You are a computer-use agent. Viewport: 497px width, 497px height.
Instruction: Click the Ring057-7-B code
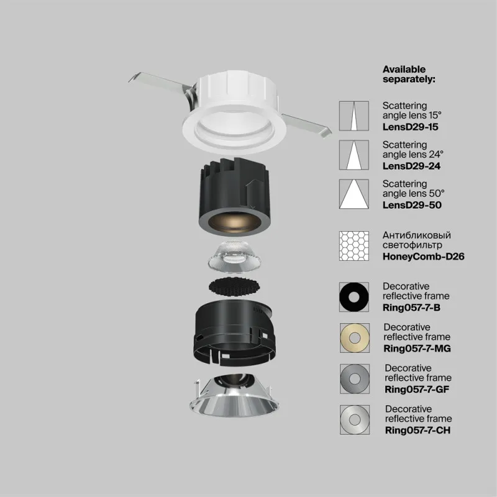pos(413,307)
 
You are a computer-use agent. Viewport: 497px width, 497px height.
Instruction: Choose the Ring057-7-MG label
pos(417,347)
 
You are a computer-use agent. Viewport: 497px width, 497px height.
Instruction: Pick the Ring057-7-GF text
pos(417,390)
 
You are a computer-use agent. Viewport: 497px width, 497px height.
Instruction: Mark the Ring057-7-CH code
pos(417,430)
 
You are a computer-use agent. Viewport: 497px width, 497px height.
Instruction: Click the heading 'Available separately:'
pos(409,74)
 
